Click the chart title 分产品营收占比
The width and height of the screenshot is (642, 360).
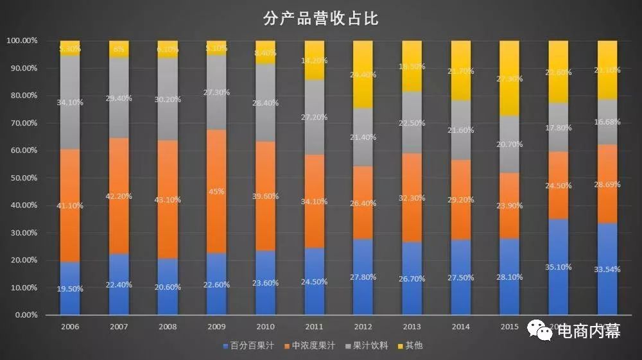321,19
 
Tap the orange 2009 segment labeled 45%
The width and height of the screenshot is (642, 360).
216,192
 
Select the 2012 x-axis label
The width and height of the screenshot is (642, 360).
363,327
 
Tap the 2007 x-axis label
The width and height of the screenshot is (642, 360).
119,327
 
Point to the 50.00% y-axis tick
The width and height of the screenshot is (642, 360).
22,178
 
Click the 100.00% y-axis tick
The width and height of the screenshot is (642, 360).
22,40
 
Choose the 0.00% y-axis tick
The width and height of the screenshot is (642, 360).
24,315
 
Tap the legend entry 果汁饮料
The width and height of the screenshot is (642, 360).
370,346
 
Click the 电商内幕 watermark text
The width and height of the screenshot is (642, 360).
588,331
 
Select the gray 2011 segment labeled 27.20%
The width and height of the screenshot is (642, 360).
314,117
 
